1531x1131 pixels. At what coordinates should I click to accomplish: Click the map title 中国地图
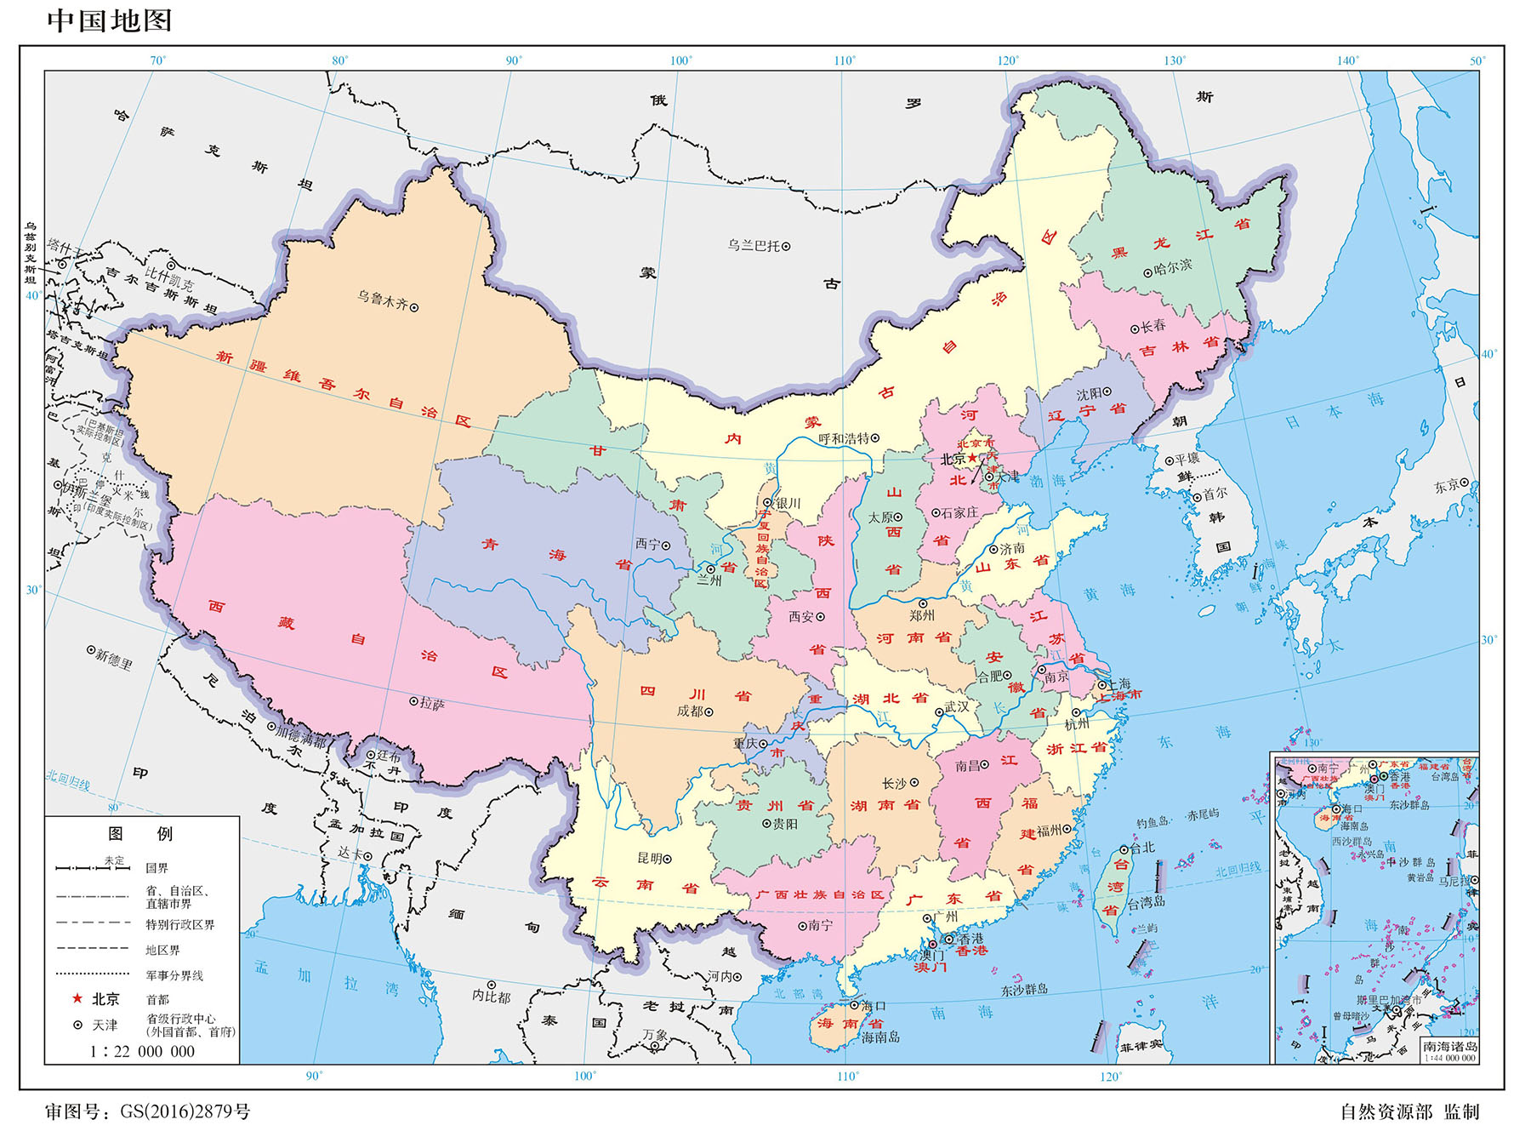click(x=109, y=20)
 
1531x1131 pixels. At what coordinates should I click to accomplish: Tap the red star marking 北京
click(x=973, y=458)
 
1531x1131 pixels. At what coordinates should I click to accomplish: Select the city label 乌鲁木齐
click(x=382, y=300)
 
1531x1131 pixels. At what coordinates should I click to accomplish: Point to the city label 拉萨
click(x=432, y=704)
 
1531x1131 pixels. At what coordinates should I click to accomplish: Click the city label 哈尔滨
click(x=1173, y=266)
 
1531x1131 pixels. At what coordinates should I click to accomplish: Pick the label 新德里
click(x=114, y=658)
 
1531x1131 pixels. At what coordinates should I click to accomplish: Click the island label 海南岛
click(x=880, y=1037)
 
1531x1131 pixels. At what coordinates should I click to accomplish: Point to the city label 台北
click(x=1142, y=848)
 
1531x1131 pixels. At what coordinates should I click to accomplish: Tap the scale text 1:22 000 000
click(x=142, y=1051)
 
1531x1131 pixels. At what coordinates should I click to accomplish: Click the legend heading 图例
click(x=140, y=833)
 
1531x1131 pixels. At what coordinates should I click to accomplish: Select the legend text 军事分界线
click(x=174, y=975)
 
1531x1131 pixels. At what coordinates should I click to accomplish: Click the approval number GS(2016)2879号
click(x=185, y=1111)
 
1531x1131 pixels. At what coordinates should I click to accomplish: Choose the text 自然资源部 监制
click(x=1409, y=1111)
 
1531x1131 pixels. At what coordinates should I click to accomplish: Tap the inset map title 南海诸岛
click(x=1450, y=1047)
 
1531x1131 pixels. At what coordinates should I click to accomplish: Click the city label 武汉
click(x=957, y=706)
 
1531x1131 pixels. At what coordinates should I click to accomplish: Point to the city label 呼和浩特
click(x=844, y=438)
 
